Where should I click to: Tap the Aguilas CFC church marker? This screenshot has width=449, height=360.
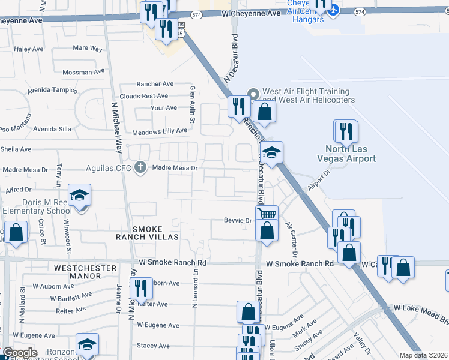tap(140, 167)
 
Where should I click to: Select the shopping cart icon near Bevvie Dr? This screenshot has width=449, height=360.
tap(267, 214)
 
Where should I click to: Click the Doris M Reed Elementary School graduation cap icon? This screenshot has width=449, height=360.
tap(79, 195)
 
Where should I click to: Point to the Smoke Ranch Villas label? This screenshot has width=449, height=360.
tap(155, 233)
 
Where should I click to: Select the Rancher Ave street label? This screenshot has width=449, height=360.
tap(155, 84)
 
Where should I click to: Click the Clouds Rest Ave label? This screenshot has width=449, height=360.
tap(143, 96)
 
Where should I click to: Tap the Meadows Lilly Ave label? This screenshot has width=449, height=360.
tap(160, 131)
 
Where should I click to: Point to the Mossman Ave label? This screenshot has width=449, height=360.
tap(85, 72)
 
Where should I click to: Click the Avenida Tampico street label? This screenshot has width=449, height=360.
tap(52, 91)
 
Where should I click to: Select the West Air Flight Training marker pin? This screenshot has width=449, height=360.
tap(253, 94)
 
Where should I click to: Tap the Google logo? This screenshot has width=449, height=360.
tap(19, 353)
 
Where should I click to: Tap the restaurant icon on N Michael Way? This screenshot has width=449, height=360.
tap(137, 287)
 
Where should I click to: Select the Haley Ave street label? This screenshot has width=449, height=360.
tap(26, 49)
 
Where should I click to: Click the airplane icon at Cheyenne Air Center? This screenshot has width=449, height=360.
tap(334, 9)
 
